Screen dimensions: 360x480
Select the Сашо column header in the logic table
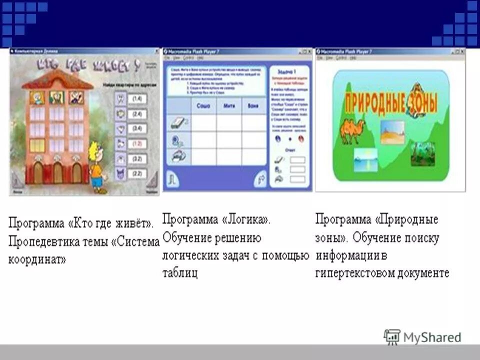pos(203,106)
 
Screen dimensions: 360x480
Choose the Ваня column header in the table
pos(254,106)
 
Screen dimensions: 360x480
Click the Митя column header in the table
pos(229,106)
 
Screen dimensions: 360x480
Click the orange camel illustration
pos(352,130)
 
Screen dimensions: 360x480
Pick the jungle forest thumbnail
pos(422,154)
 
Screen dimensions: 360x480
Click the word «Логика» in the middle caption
pos(248,219)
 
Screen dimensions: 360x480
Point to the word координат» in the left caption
pos(37,260)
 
